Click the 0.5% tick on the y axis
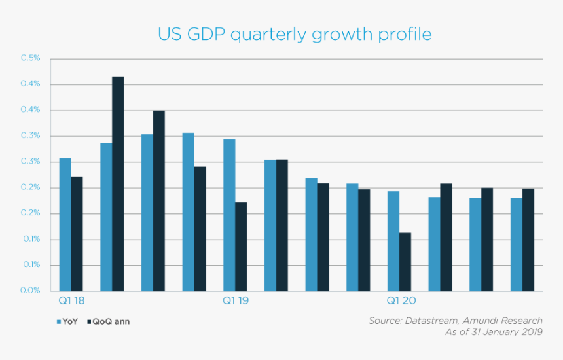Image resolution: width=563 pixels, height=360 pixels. click(31, 58)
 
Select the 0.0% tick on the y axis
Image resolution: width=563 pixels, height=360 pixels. click(31, 291)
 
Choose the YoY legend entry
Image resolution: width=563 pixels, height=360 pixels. click(67, 321)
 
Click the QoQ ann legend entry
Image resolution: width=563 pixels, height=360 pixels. click(108, 321)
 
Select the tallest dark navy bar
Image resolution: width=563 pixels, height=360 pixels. click(118, 184)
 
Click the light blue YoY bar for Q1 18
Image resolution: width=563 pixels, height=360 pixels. click(65, 225)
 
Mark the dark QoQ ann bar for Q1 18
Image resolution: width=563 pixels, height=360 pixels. click(77, 234)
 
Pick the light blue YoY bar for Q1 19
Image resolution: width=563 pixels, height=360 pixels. click(229, 215)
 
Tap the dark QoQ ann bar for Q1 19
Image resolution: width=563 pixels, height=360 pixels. click(241, 247)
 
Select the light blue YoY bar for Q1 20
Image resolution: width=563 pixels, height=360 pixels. click(393, 241)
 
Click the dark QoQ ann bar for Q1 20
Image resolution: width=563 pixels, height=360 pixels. click(405, 262)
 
